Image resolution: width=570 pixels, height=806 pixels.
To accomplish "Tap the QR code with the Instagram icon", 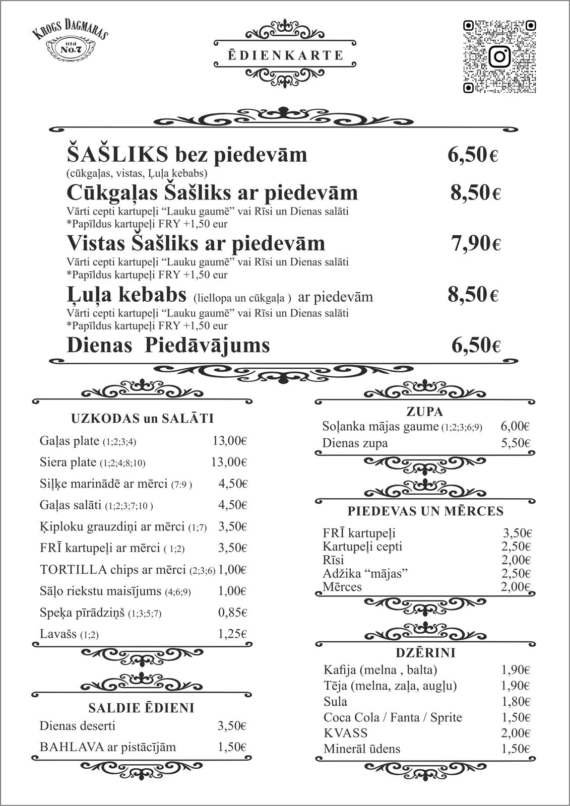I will click(499, 56).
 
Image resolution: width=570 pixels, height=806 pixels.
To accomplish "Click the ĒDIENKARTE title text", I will click(285, 55).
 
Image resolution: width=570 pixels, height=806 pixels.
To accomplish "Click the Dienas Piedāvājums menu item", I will click(168, 346).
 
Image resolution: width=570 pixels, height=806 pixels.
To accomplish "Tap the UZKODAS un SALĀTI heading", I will click(143, 419).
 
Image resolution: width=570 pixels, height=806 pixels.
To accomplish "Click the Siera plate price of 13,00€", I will click(229, 462).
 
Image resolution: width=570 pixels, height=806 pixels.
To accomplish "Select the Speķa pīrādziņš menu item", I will click(83, 613).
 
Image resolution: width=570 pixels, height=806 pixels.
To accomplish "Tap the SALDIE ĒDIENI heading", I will click(141, 708).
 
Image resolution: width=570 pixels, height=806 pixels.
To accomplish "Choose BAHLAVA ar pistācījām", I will click(108, 747).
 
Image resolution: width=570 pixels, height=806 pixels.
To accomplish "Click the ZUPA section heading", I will click(424, 412).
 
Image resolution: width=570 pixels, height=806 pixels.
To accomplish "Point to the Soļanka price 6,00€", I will click(515, 426).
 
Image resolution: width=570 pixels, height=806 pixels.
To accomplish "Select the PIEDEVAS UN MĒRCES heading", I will click(425, 511).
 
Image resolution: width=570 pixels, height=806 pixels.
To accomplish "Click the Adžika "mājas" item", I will click(365, 573).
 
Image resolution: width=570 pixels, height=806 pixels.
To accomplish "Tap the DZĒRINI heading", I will click(425, 653).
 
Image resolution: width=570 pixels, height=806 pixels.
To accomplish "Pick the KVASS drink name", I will click(346, 733).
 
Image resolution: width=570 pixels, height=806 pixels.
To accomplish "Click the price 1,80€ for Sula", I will click(515, 702).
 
